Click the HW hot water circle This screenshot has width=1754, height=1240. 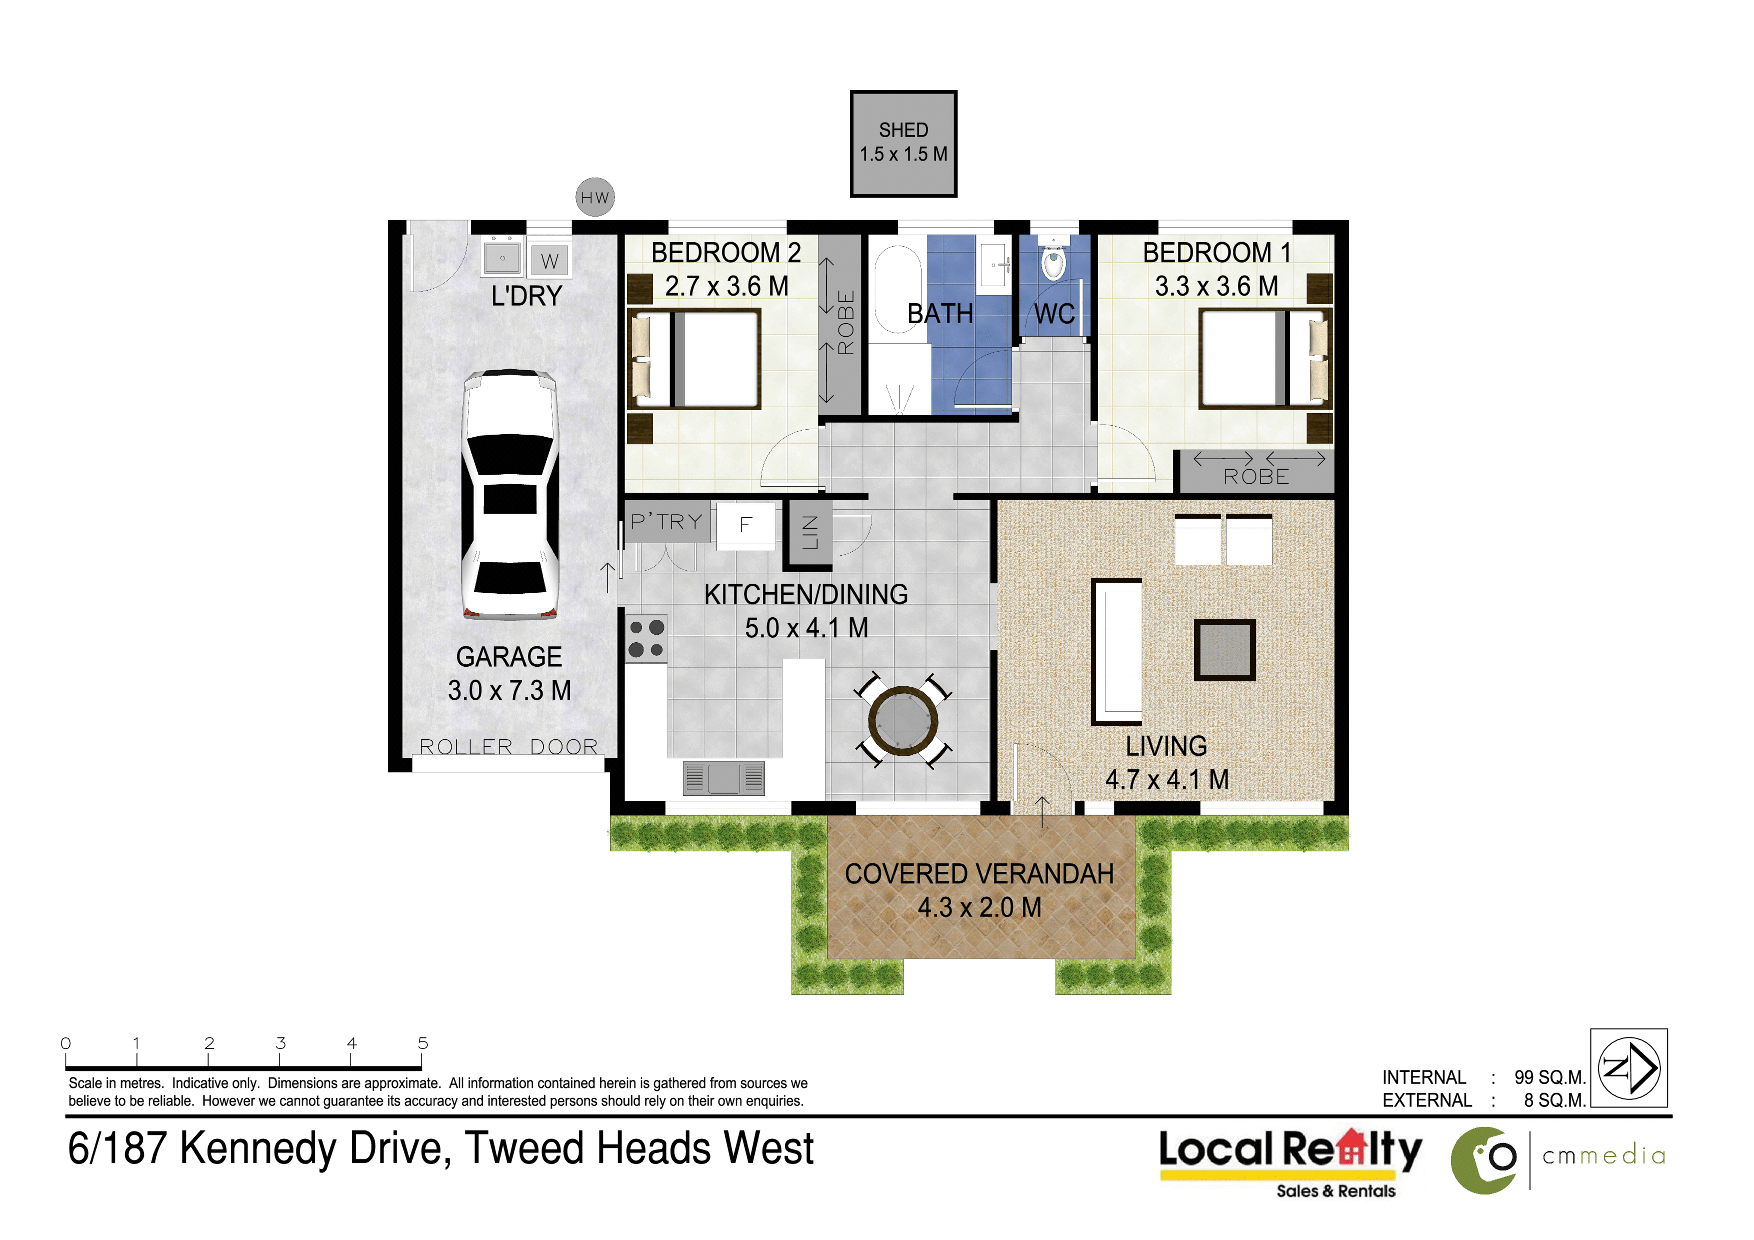tap(595, 197)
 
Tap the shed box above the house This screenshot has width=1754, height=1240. tap(903, 144)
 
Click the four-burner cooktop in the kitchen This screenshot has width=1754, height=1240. tap(646, 639)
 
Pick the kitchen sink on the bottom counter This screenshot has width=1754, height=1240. tap(723, 778)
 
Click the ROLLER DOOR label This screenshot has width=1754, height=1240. tap(509, 746)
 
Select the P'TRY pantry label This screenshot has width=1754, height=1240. tap(666, 522)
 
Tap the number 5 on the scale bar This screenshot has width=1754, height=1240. tap(422, 1043)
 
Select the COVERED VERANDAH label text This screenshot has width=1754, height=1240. tap(979, 874)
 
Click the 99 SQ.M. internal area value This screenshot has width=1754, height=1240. tap(1550, 1077)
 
